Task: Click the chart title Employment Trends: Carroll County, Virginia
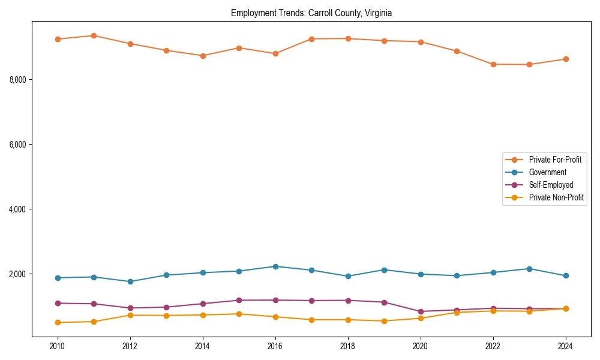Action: point(311,13)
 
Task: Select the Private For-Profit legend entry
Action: point(554,160)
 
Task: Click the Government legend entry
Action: point(547,172)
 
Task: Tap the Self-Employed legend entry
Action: point(551,185)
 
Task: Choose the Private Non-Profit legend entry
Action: point(556,197)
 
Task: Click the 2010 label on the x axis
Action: point(58,346)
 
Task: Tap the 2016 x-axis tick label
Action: point(275,346)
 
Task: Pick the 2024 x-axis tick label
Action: point(565,346)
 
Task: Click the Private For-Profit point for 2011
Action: point(94,35)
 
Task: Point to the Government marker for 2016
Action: point(275,266)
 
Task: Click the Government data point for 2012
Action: point(130,281)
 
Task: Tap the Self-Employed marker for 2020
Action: point(421,311)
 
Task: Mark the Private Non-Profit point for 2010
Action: point(58,322)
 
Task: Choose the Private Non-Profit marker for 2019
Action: point(384,321)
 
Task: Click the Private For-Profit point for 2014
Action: point(203,56)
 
